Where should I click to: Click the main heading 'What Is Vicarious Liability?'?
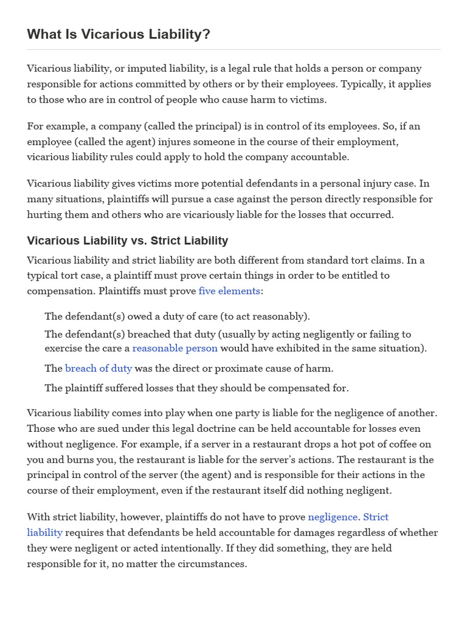point(119,35)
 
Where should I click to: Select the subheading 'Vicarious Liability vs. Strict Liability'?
point(128,241)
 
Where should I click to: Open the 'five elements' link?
point(229,291)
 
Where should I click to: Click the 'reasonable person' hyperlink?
point(175,348)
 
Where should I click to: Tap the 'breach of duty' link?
point(99,368)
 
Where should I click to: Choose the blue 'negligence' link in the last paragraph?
point(333,517)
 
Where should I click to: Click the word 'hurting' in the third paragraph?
point(44,214)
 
